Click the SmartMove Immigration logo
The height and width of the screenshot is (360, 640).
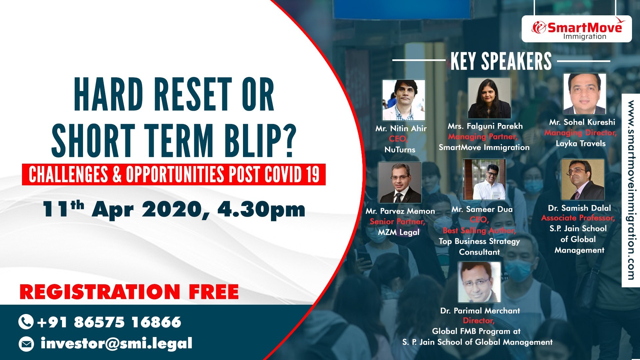(x=577, y=29)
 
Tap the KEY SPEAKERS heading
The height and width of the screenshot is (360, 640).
(x=501, y=61)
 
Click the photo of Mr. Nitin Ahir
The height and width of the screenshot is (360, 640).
(x=404, y=100)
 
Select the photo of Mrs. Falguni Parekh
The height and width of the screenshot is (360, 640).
(x=489, y=98)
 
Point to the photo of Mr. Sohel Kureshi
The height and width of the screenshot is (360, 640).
(x=585, y=94)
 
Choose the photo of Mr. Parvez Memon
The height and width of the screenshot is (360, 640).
(x=400, y=182)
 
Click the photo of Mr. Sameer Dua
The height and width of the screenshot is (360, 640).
(x=484, y=179)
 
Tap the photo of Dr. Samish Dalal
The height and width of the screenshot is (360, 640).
(x=583, y=179)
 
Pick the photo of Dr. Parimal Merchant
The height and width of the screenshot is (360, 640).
(x=479, y=282)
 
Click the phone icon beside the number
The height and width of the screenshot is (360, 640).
(x=26, y=322)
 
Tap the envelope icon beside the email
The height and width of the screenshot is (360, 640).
(x=26, y=344)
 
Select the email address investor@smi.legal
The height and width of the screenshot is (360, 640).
(x=116, y=344)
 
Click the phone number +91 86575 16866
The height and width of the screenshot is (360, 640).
(x=109, y=322)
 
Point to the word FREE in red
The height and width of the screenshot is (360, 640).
(x=214, y=292)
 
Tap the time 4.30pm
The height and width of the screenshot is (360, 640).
(x=261, y=210)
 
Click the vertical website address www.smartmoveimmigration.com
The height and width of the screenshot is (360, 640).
(x=631, y=190)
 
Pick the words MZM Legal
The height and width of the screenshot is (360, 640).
(x=399, y=232)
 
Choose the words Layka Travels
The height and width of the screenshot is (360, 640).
(x=581, y=144)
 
